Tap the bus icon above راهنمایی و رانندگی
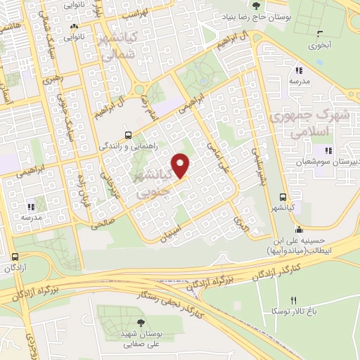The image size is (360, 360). point(127,135)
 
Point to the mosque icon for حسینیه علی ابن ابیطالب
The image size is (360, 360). point(300,228)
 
